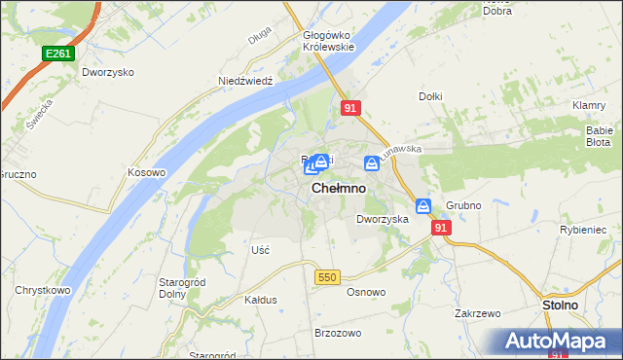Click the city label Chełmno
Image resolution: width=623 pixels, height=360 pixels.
(339, 189)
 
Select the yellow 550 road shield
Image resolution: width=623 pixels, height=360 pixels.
(327, 278)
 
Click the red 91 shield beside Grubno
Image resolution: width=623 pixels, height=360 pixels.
(442, 227)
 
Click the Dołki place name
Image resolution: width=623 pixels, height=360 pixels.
(431, 96)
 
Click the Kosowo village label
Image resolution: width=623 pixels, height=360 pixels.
(147, 172)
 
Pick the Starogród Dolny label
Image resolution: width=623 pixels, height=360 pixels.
(178, 287)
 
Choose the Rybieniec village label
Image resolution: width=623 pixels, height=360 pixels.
(584, 229)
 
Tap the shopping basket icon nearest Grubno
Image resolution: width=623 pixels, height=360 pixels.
(423, 206)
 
